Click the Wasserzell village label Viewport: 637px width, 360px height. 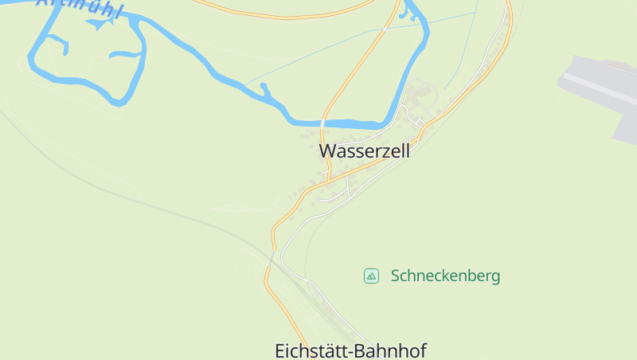(364, 151)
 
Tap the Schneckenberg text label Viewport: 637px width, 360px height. (445, 276)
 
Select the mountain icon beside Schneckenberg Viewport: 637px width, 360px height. (371, 276)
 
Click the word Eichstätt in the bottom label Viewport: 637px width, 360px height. (311, 350)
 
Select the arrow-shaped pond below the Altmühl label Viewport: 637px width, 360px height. (99, 24)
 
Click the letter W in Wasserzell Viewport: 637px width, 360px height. (326, 151)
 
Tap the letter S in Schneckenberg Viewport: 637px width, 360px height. (396, 276)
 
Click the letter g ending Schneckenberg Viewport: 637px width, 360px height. (495, 278)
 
